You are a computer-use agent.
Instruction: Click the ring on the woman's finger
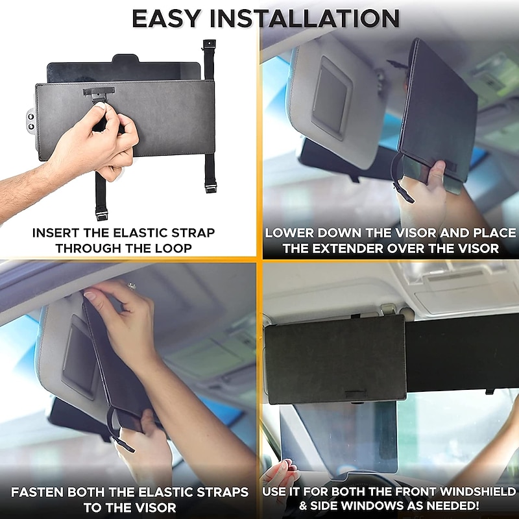pyautogui.click(x=132, y=285)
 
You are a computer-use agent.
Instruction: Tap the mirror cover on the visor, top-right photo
pyautogui.click(x=331, y=101)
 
